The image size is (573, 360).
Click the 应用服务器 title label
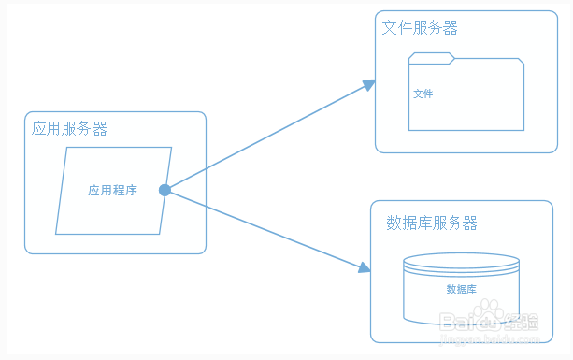click(69, 129)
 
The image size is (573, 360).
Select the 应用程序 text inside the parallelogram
click(112, 191)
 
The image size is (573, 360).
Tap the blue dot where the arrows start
click(165, 191)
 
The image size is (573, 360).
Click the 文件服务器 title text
click(420, 28)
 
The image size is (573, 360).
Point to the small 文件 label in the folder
click(423, 94)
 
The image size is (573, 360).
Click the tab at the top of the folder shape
click(431, 59)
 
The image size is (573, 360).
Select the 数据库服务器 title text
click(432, 223)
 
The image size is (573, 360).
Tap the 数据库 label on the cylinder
click(461, 289)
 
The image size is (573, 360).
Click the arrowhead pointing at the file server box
click(369, 85)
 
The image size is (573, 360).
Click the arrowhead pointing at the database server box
click(365, 268)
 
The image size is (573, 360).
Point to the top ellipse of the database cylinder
click(461, 261)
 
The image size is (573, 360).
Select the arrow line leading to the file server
click(266, 137)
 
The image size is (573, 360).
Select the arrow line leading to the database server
click(264, 229)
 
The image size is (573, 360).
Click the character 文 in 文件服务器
click(390, 28)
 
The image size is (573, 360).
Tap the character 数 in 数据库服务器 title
click(394, 223)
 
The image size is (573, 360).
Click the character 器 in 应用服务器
click(100, 129)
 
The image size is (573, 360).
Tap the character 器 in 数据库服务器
click(470, 223)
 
